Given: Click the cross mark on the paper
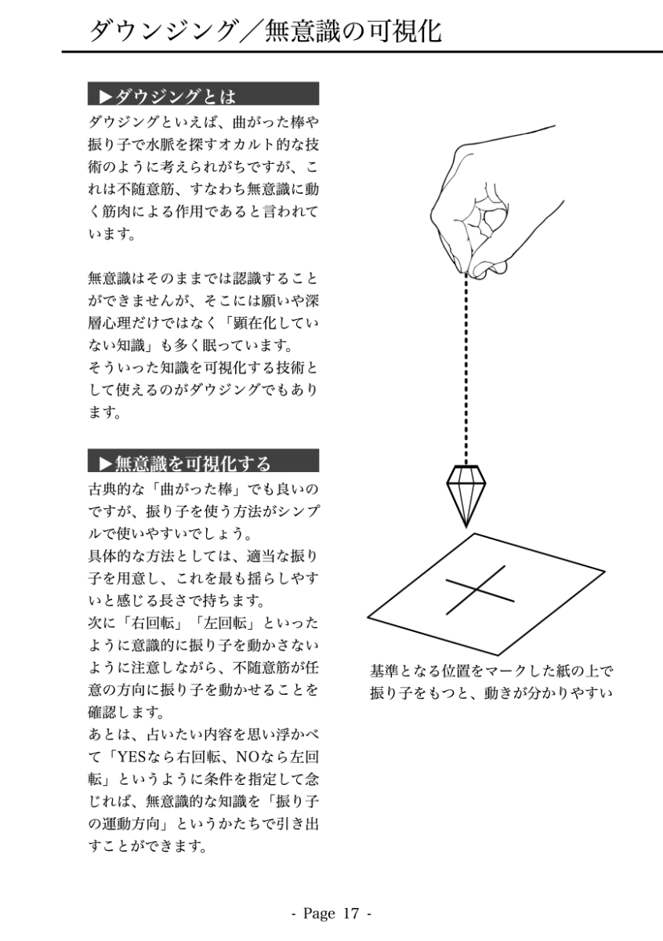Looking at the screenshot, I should [x=480, y=590].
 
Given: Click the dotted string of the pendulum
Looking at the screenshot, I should [x=467, y=369].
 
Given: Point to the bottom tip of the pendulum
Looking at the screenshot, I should [x=466, y=524].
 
